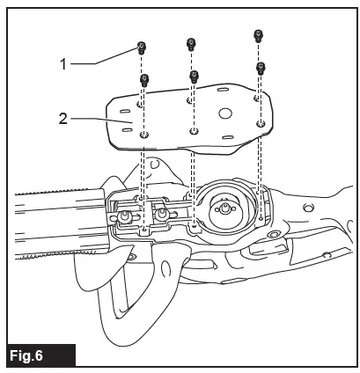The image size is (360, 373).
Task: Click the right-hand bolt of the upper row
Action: tap(257, 36)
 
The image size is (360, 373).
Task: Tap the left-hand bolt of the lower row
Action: tap(146, 78)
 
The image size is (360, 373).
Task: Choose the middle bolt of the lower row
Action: tap(194, 76)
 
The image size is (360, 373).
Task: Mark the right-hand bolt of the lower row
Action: tap(261, 67)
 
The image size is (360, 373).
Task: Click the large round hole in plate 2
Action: tap(224, 113)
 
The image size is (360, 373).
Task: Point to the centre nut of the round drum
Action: tap(224, 208)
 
